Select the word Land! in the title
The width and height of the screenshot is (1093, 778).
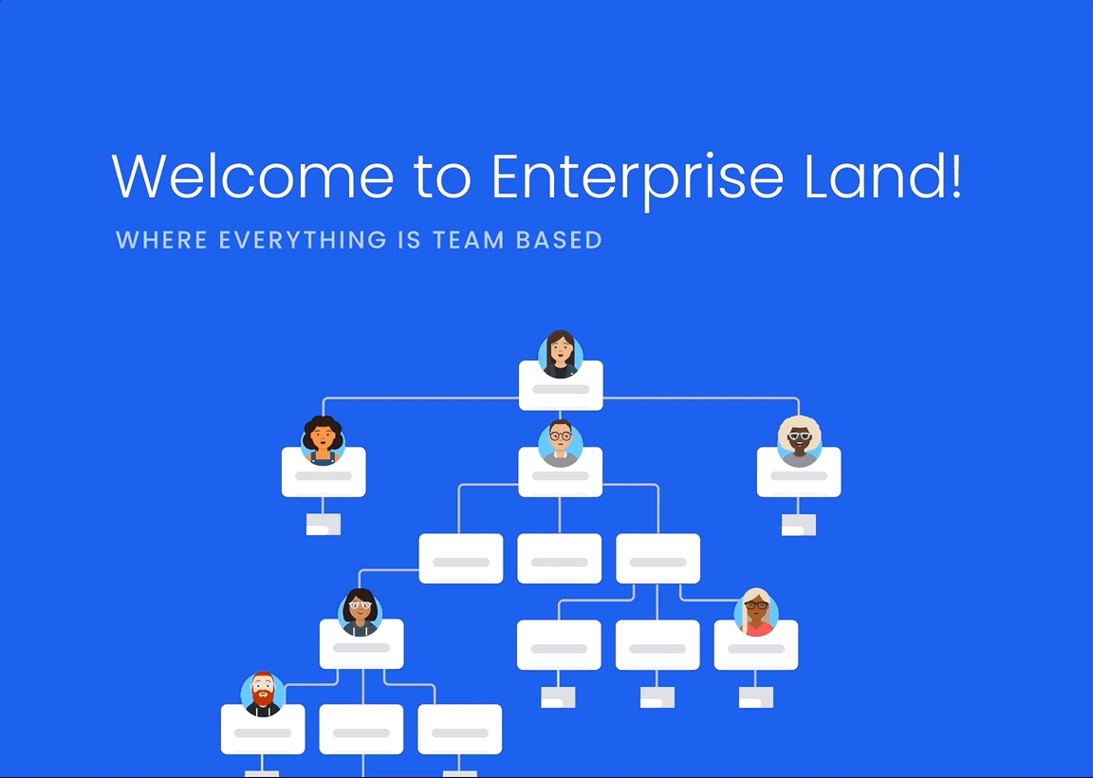(x=883, y=176)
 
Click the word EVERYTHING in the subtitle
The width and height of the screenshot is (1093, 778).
(x=303, y=240)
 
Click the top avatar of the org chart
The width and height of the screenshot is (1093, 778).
(x=561, y=354)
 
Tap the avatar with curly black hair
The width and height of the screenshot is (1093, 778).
(x=323, y=440)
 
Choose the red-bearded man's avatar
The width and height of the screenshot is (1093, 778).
(x=263, y=695)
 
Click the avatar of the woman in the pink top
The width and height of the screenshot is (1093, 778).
(x=756, y=612)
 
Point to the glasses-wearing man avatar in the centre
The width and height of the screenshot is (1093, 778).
(x=561, y=443)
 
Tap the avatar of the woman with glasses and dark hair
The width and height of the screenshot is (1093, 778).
(x=361, y=612)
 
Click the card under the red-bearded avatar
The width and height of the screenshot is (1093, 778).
(x=263, y=732)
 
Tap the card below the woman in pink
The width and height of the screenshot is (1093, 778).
(x=756, y=647)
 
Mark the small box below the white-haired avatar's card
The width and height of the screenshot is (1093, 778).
(x=799, y=525)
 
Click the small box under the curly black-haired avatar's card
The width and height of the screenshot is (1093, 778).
(x=324, y=525)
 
